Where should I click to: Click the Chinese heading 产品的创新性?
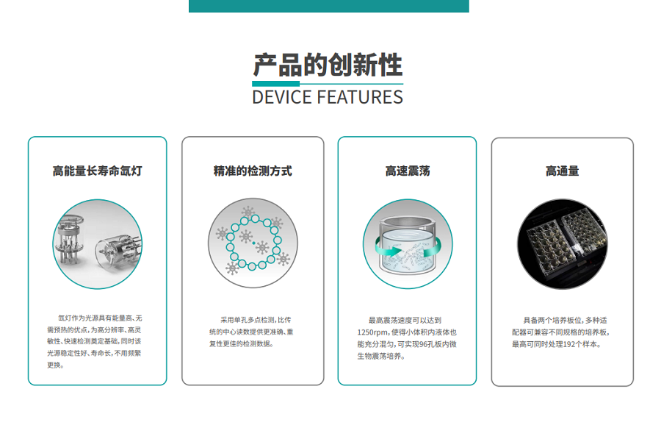[328, 65]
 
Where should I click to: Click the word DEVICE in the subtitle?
[282, 97]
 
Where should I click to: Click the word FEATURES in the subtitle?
[360, 97]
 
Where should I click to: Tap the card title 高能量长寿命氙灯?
[98, 171]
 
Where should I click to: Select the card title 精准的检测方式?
[253, 171]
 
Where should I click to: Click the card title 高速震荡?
[408, 171]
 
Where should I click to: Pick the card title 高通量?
[563, 171]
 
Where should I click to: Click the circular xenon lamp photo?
[98, 244]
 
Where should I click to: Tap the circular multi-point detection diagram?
[253, 243]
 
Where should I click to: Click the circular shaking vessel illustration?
[408, 244]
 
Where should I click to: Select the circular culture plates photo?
[563, 244]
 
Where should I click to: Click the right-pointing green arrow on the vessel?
[388, 250]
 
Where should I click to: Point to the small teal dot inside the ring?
[253, 243]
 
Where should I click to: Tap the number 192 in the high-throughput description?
[568, 344]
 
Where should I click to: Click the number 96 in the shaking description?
[423, 344]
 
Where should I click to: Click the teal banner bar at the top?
[329, 6]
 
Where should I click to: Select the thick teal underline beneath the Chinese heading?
[275, 84]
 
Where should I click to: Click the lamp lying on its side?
[118, 252]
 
